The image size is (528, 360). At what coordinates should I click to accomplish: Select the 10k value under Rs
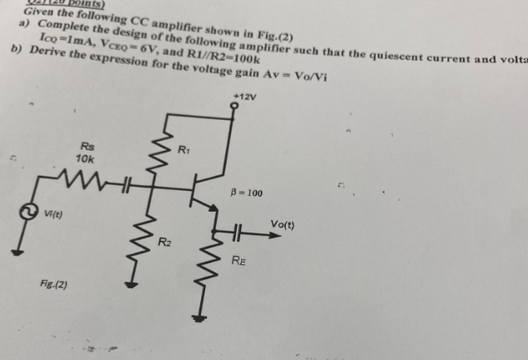pyautogui.click(x=84, y=158)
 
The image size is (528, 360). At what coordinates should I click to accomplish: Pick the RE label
pyautogui.click(x=239, y=261)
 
